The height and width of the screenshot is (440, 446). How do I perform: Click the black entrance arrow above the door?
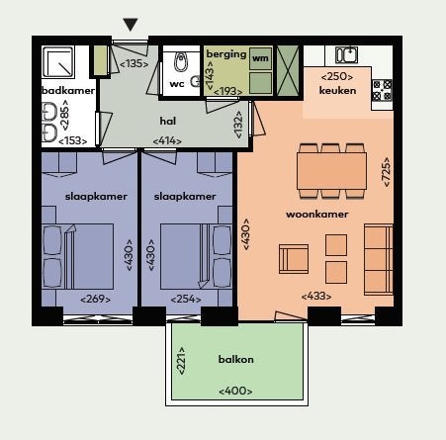(131, 25)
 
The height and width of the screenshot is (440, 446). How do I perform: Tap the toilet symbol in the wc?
(180, 61)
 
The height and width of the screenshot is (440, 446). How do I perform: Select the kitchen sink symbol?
(346, 54)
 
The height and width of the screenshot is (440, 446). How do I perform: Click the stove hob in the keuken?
(382, 90)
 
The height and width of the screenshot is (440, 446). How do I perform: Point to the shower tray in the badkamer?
(57, 62)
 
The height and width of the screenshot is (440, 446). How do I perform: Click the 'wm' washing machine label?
(260, 58)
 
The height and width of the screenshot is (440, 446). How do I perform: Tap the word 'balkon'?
(236, 359)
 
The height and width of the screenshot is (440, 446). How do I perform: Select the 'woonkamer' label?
(317, 215)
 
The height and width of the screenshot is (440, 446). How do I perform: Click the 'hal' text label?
(168, 121)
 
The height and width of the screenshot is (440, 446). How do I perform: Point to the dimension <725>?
(386, 172)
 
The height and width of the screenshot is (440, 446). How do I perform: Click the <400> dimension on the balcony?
(235, 392)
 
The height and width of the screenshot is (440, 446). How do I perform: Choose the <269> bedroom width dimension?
(96, 300)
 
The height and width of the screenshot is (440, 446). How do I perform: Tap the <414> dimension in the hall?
(167, 141)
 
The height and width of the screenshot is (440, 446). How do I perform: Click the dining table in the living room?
(331, 171)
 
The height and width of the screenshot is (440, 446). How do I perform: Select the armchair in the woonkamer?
(294, 259)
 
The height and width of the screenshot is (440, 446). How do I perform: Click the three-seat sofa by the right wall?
(379, 259)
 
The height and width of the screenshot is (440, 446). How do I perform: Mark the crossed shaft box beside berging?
(288, 70)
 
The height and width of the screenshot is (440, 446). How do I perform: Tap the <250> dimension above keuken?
(337, 77)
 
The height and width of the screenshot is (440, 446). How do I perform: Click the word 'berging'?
(226, 54)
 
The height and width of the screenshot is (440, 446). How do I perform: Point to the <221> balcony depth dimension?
(181, 361)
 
